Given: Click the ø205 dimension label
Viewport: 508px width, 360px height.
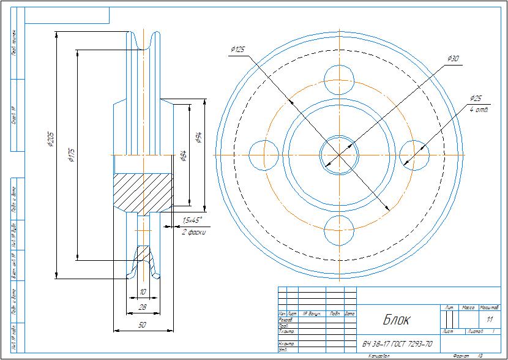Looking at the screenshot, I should tap(51, 140).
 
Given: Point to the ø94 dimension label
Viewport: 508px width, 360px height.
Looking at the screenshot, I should tap(198, 137).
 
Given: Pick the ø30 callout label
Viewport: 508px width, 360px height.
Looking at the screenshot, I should tap(453, 59).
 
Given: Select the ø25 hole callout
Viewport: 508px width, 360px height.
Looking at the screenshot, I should tap(476, 99).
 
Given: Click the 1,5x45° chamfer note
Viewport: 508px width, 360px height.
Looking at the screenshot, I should tap(192, 220).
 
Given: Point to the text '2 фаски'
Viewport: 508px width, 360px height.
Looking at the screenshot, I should tap(194, 232).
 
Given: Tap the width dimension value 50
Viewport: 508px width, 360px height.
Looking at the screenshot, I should tap(142, 325).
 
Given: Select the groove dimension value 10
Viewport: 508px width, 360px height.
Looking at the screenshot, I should tap(143, 291).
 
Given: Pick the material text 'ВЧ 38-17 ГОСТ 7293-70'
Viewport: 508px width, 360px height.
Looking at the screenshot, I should tap(397, 344).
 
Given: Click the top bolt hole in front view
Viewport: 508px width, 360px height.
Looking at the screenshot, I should tap(340, 78).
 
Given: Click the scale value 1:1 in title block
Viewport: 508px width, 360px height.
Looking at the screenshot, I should tap(489, 320).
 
